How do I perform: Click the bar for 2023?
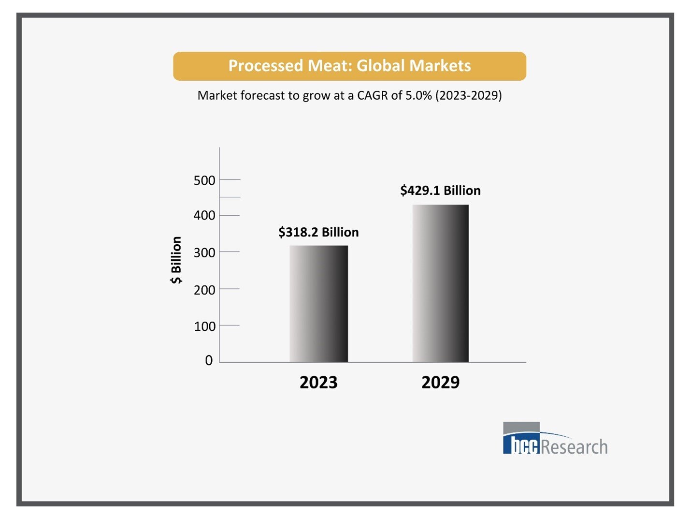click(x=318, y=304)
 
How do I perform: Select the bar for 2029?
click(x=440, y=283)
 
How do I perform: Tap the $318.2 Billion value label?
click(x=318, y=232)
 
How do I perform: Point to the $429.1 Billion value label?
click(x=440, y=191)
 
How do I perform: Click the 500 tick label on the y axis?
click(x=204, y=180)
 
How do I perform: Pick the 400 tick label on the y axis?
click(x=204, y=215)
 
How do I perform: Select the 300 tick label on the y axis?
click(x=204, y=252)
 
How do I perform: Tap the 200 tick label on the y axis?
click(x=204, y=290)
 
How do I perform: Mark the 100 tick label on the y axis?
click(x=204, y=326)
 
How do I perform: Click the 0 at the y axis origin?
click(x=209, y=360)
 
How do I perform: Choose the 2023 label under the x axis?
click(x=318, y=382)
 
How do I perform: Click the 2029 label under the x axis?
click(x=440, y=382)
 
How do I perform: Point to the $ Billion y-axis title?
click(x=176, y=260)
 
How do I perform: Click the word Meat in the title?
click(x=324, y=66)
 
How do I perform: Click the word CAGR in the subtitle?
click(x=373, y=95)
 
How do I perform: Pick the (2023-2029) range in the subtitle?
click(x=468, y=95)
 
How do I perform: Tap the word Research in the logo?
click(x=574, y=447)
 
